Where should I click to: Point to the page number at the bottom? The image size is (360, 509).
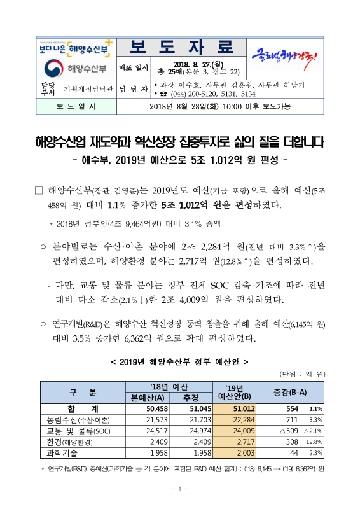[x=180, y=489]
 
